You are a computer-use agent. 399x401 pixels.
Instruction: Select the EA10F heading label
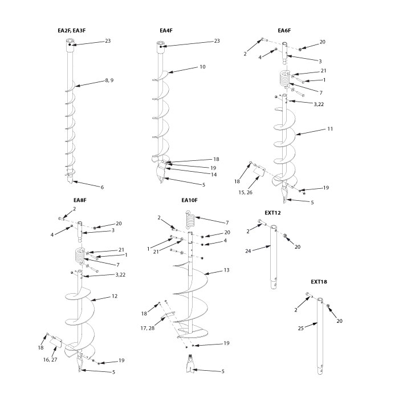[189, 200]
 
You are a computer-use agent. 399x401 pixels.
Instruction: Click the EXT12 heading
[272, 212]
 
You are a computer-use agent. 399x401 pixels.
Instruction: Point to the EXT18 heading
[319, 281]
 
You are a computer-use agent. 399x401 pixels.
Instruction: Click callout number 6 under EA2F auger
[102, 187]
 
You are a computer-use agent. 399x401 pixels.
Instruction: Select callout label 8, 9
[108, 81]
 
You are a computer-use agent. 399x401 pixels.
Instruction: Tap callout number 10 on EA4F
[202, 67]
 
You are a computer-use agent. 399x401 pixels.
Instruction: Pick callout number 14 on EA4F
[198, 175]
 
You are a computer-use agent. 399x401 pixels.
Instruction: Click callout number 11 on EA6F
[329, 129]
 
